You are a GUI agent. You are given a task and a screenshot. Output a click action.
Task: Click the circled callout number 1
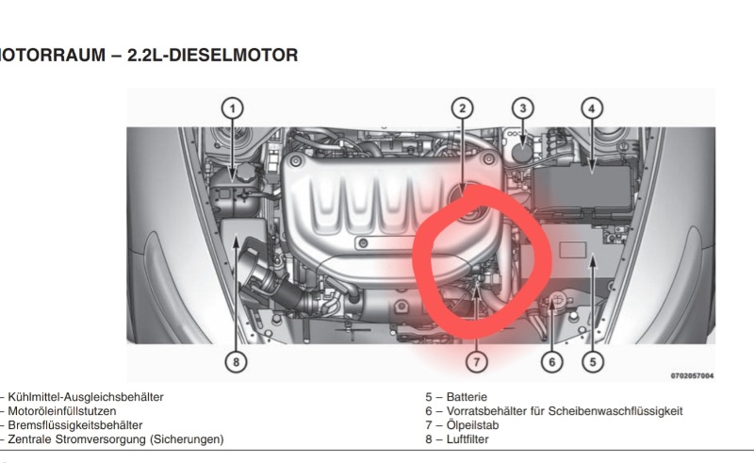coord(233,108)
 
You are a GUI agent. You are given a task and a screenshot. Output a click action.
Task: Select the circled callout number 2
coord(463,108)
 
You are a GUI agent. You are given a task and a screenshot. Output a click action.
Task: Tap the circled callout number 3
coord(523,108)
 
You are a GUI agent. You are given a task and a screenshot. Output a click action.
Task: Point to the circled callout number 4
coord(592,108)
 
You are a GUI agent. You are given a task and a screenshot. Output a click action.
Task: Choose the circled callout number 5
coord(593,361)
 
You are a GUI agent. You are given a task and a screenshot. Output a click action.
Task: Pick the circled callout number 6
coord(551,361)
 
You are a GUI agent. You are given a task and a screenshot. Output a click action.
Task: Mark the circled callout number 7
coord(477,361)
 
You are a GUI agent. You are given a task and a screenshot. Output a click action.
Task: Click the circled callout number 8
coord(236,361)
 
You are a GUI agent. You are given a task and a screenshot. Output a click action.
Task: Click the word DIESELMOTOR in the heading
coord(234,55)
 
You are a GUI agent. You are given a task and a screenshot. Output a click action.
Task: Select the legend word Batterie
coord(467,397)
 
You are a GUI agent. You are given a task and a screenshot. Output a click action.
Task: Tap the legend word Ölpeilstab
coord(472,425)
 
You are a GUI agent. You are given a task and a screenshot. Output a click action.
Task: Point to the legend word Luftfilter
coord(467,439)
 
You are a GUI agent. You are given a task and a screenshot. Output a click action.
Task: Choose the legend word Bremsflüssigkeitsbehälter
coord(75,425)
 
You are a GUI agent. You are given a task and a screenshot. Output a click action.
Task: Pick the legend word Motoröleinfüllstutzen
coord(62,411)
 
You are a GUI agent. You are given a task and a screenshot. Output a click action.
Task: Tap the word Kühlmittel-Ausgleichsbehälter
coord(86,398)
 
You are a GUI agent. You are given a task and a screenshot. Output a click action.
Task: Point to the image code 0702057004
coord(692,376)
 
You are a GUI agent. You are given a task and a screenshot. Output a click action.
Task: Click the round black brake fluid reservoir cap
coord(522,153)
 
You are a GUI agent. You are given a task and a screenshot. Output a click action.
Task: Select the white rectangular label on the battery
coord(573,250)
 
